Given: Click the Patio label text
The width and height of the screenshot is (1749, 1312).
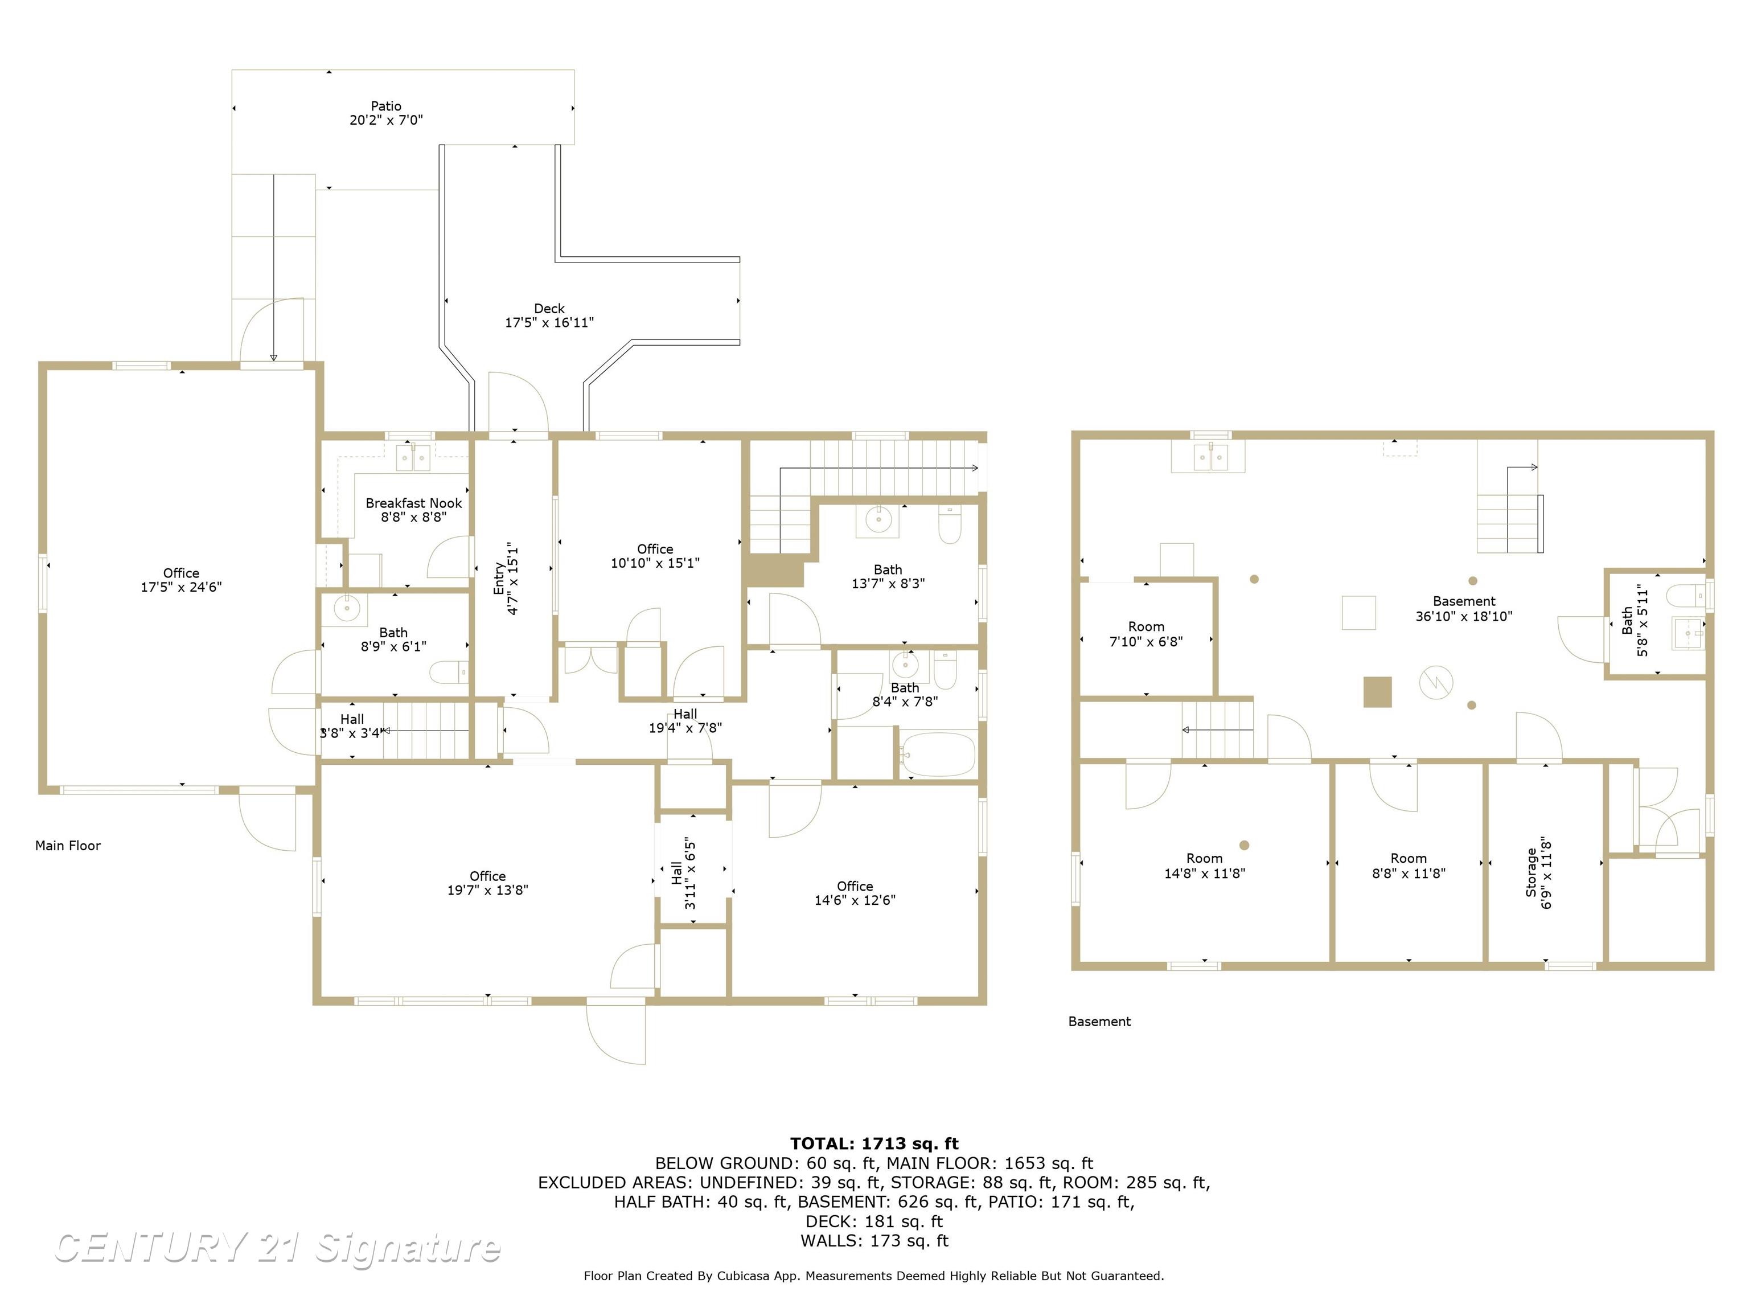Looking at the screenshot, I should [386, 106].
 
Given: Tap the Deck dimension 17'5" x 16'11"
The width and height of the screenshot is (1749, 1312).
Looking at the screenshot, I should [549, 323].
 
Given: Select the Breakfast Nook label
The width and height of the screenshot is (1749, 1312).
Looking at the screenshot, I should [413, 503].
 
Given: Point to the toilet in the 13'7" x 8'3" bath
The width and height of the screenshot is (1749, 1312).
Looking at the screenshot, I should [950, 525].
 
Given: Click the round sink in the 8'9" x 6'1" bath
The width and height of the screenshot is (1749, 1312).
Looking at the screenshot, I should [346, 608].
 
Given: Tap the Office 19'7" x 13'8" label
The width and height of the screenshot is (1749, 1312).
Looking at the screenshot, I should [487, 883].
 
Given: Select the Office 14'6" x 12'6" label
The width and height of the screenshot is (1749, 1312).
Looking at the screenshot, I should [855, 893].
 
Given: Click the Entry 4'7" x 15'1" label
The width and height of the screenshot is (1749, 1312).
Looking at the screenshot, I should [506, 579].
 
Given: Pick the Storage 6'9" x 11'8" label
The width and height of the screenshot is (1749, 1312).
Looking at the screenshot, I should [1539, 874].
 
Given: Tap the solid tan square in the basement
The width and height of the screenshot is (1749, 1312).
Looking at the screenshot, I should [1377, 691].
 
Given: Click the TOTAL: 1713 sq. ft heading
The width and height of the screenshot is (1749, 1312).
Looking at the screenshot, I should [874, 1143].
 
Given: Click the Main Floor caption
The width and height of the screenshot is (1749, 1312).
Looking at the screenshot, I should [68, 846].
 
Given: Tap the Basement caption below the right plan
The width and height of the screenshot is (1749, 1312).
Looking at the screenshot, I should [1099, 1021].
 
